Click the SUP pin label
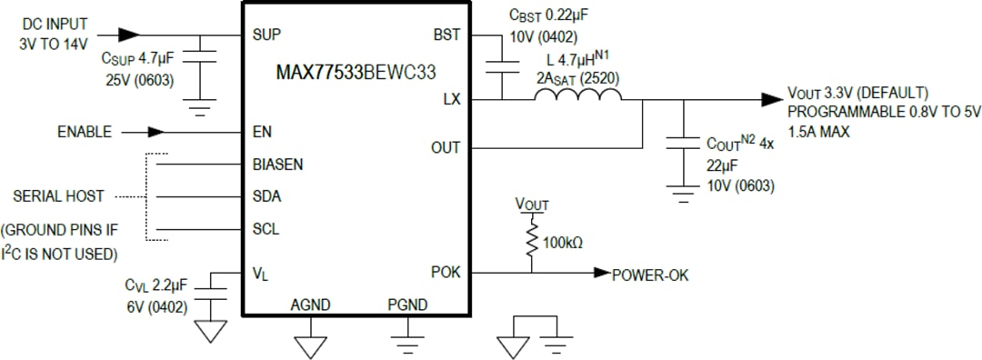266,35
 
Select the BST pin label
447,35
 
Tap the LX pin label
452,99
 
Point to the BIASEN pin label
277,165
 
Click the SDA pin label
266,196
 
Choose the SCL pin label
266,229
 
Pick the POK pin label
446,272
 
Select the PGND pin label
406,305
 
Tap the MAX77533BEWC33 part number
356,74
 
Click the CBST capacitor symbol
501,66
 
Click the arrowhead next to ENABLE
155,132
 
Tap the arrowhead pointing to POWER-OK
599,272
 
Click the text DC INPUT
54,24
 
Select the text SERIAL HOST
57,196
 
